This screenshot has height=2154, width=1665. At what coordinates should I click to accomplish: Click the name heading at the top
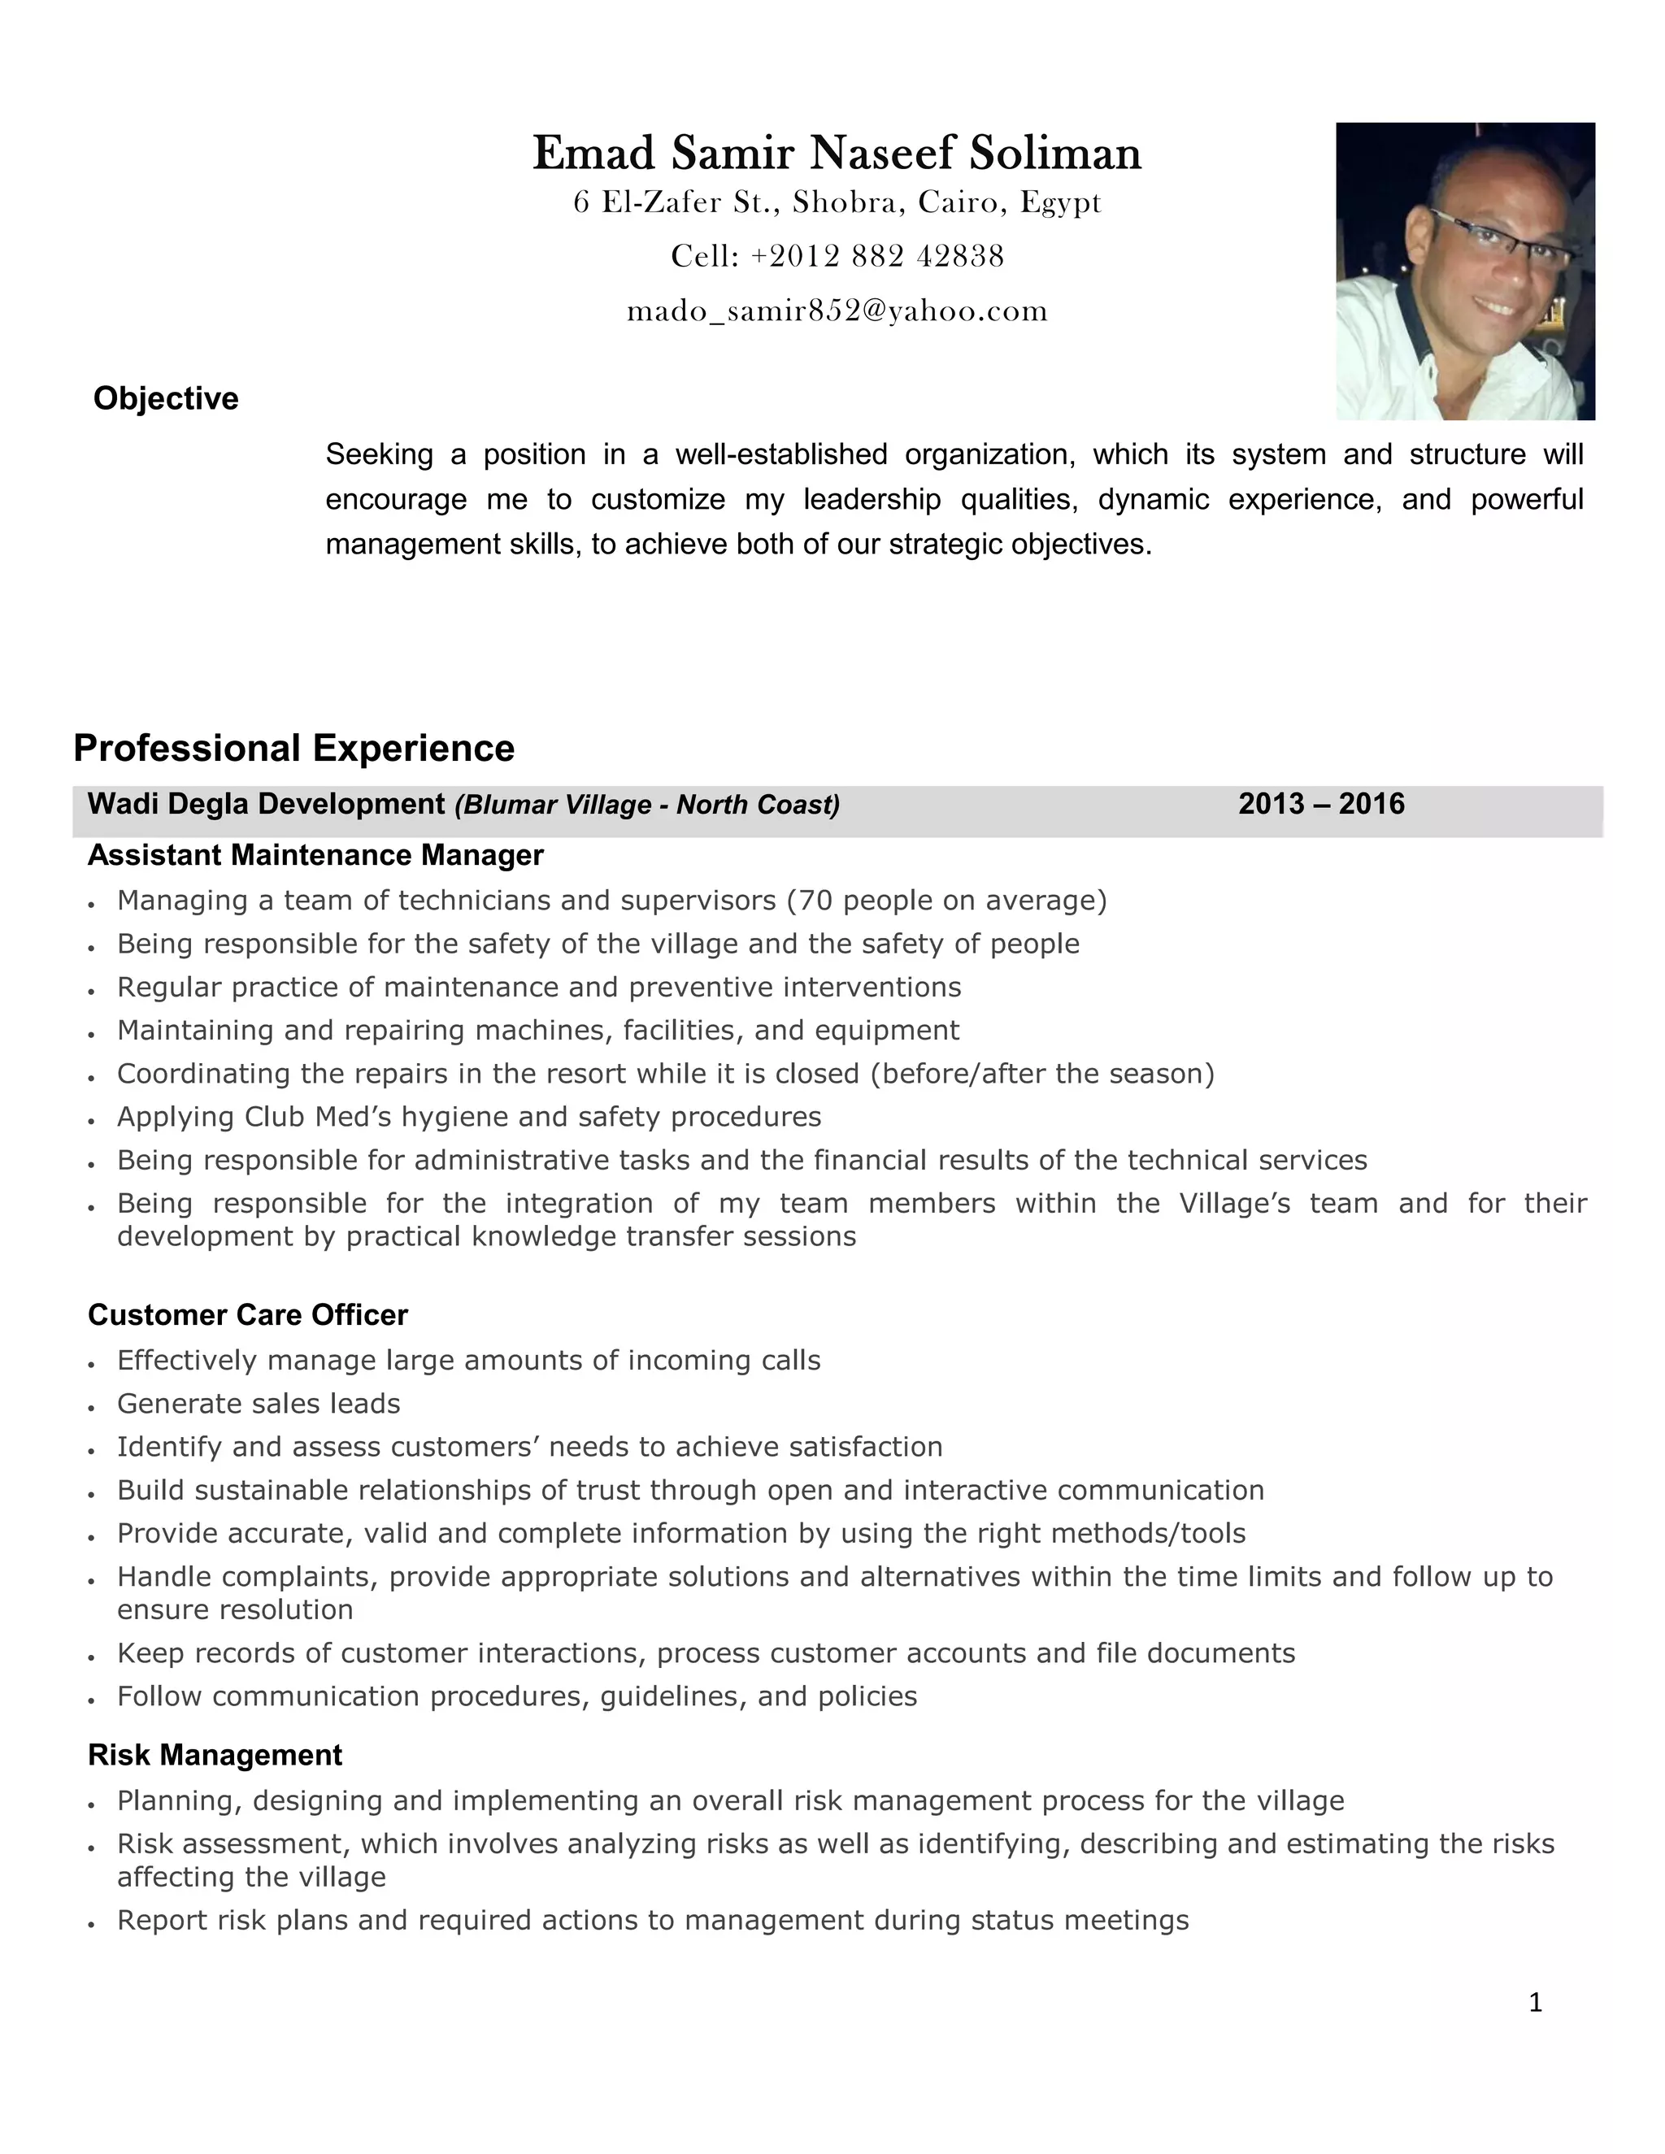tap(837, 154)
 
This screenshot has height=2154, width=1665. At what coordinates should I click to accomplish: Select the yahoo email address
tap(837, 311)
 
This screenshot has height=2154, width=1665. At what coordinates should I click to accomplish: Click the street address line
tap(837, 203)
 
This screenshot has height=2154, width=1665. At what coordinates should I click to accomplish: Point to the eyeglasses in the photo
tap(1498, 237)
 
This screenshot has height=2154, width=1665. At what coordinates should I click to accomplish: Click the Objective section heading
tap(166, 398)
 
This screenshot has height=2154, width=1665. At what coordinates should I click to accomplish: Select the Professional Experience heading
tap(294, 749)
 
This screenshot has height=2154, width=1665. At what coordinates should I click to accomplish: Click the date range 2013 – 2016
tap(1321, 805)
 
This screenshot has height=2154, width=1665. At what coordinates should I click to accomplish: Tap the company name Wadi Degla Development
tap(267, 805)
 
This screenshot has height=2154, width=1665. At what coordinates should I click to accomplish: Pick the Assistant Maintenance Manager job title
tap(315, 855)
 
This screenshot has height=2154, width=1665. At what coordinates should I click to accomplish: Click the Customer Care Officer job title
tap(248, 1314)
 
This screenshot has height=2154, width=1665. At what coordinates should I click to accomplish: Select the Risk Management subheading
tap(215, 1755)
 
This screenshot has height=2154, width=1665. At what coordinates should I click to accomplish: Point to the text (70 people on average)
tap(946, 901)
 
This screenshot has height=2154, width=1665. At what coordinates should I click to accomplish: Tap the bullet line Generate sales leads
tap(259, 1404)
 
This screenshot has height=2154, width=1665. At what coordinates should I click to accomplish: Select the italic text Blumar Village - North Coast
tap(647, 806)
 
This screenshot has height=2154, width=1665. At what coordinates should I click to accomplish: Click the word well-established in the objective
tap(781, 454)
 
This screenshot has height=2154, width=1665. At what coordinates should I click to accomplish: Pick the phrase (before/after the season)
tap(1041, 1073)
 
